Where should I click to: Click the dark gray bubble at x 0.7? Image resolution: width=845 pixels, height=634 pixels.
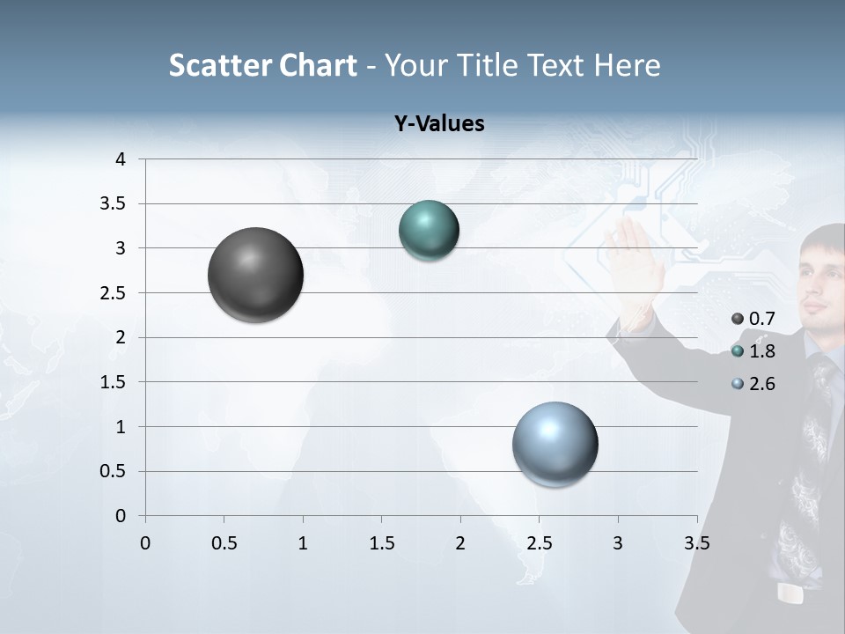(255, 275)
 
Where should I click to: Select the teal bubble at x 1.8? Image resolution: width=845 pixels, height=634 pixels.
(429, 230)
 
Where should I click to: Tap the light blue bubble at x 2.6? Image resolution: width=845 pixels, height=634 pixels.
(555, 444)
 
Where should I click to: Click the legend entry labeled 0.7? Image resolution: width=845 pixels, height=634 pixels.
(753, 319)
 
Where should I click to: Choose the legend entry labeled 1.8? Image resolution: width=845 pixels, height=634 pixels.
(753, 351)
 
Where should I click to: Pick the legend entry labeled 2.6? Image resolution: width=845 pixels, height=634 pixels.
(753, 384)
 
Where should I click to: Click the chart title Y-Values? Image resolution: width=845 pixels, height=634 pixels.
(438, 124)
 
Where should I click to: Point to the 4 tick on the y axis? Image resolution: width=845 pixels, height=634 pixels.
(121, 159)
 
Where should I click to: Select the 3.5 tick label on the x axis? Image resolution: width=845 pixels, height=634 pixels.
(696, 543)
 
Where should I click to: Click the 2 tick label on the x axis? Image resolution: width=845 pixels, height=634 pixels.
(459, 543)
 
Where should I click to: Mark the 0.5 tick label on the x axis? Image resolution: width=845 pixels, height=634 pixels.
(224, 543)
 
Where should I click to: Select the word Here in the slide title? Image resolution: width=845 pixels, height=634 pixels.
(627, 65)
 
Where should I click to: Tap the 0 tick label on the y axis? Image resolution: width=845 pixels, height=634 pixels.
(121, 516)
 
